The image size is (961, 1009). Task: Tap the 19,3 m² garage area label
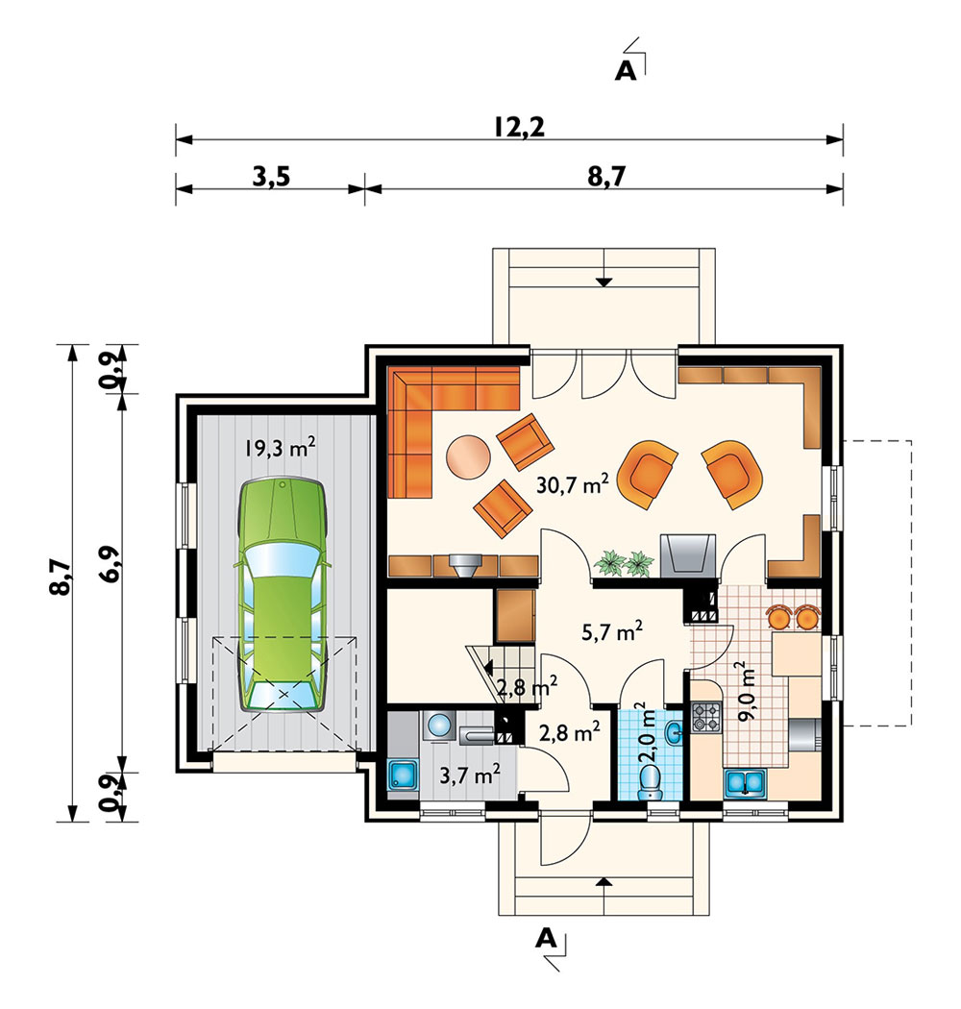(280, 447)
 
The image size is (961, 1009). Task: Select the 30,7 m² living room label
(572, 483)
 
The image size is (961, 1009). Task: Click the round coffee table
(469, 456)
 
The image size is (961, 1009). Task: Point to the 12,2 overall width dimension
(520, 127)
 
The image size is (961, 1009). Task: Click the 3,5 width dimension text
(271, 176)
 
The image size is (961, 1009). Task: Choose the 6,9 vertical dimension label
(110, 564)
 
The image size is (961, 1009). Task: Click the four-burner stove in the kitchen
(707, 717)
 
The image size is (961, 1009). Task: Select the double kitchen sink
(745, 783)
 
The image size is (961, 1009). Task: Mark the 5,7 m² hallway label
(611, 632)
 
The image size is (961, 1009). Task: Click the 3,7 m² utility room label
(470, 775)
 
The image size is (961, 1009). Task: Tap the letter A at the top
(625, 71)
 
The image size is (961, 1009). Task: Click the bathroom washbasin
(674, 732)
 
